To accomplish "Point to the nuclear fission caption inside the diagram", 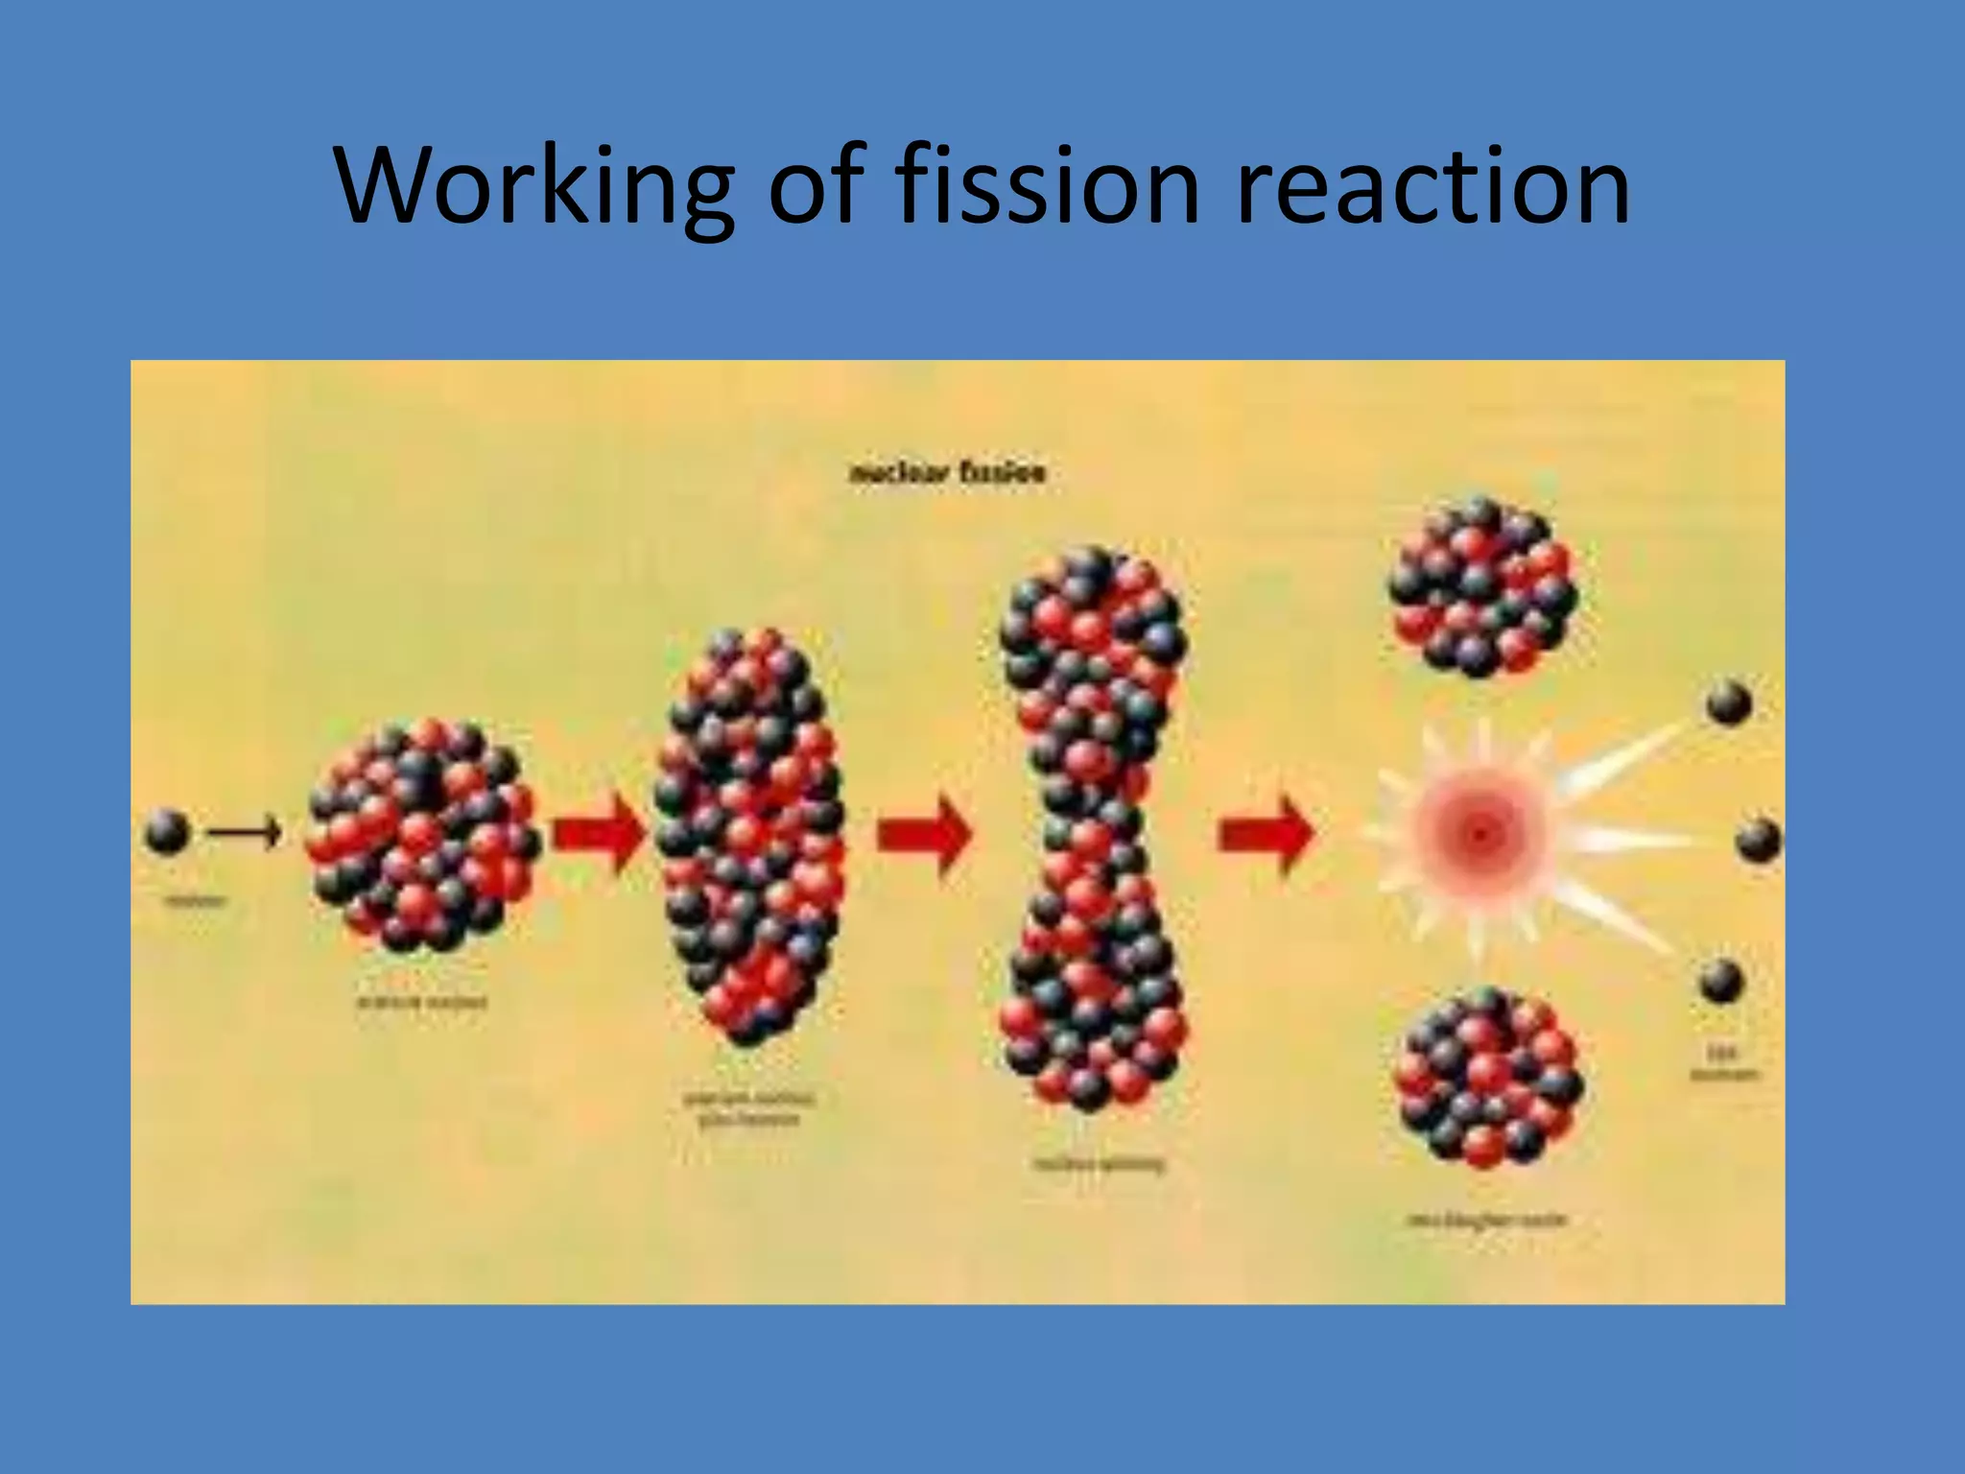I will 947,473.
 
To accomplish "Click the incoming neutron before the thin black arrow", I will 167,831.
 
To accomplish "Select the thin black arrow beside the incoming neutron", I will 246,831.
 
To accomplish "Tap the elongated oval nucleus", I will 750,835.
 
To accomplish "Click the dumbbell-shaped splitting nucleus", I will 1092,830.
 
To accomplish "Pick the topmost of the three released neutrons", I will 1729,702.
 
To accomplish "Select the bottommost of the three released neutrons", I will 1721,981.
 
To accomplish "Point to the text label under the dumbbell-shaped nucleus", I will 1100,1165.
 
